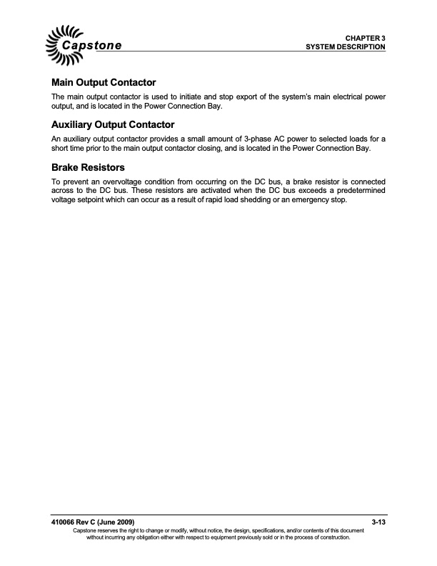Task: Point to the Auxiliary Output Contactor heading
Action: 113,124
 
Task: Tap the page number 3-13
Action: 378,525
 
